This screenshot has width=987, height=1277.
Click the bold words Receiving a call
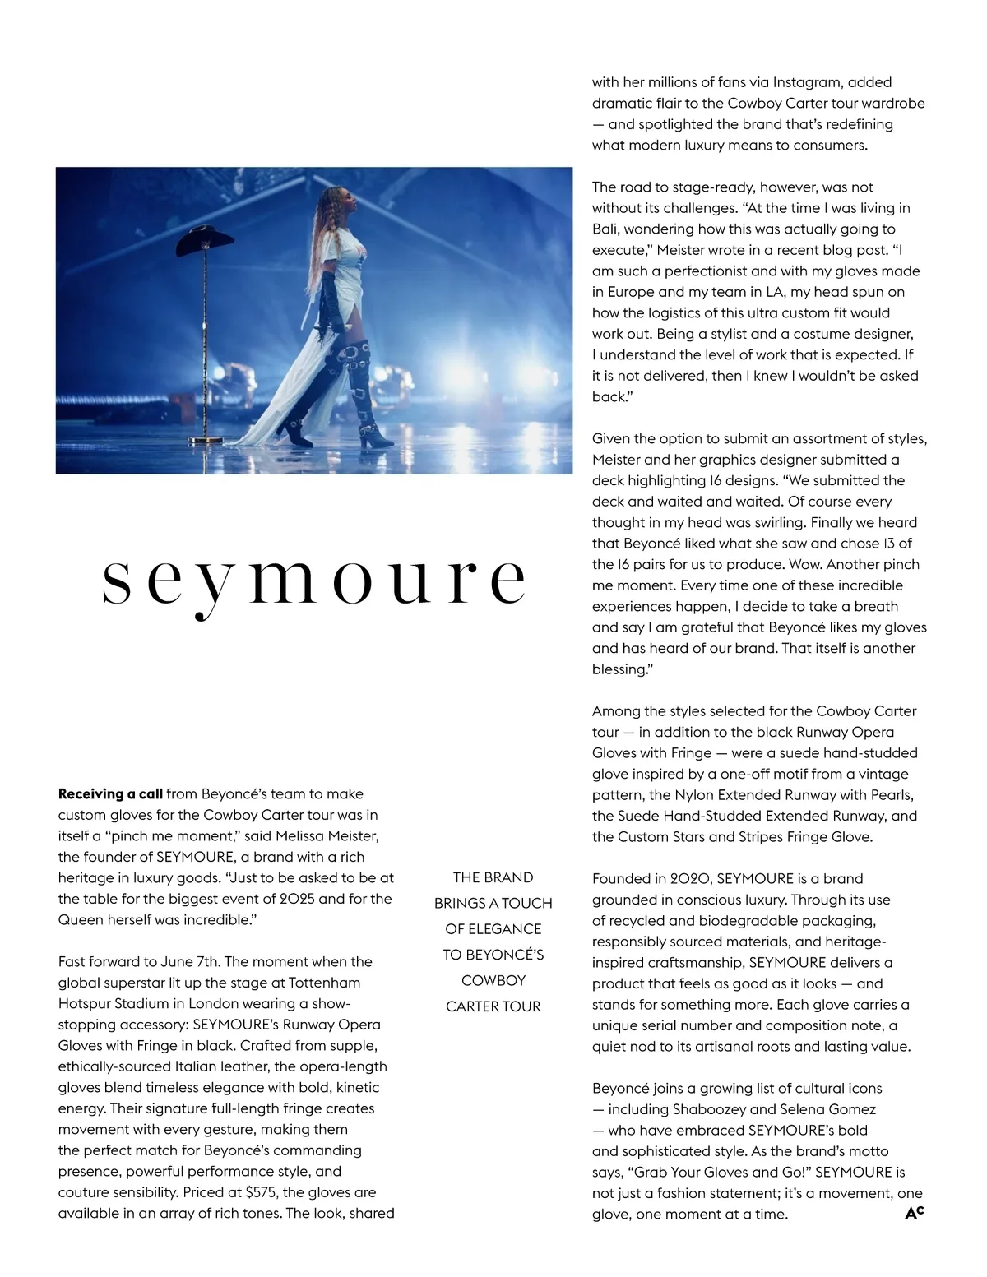point(110,794)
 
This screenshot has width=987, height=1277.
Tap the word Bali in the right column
point(605,229)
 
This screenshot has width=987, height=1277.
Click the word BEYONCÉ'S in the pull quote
point(493,955)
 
